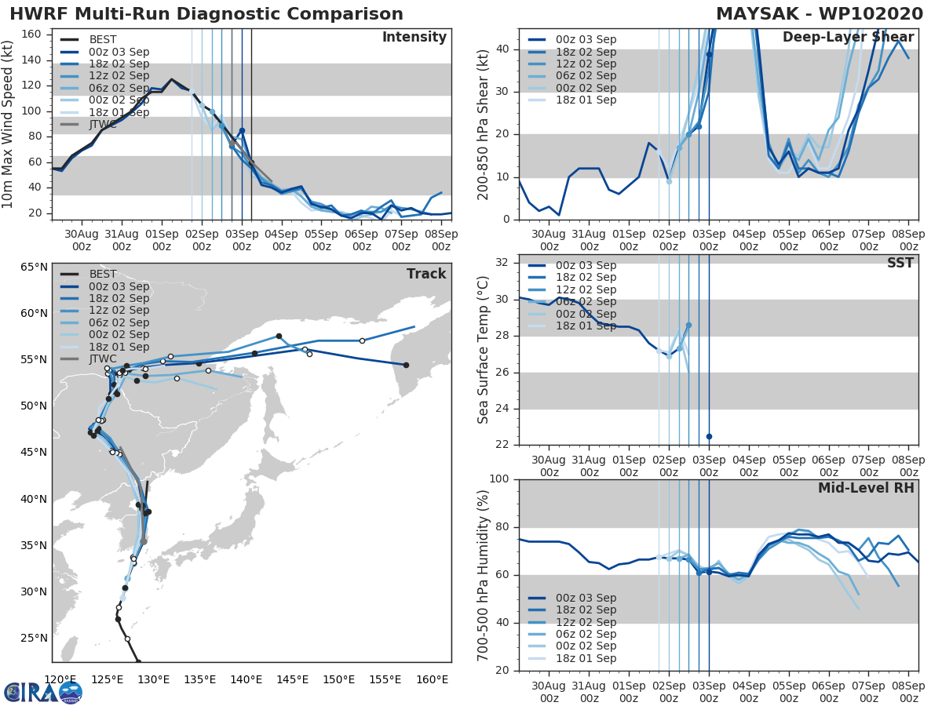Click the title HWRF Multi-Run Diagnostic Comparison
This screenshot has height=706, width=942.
tap(206, 14)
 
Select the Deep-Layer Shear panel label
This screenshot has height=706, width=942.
tap(848, 38)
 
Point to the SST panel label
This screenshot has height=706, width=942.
tap(900, 263)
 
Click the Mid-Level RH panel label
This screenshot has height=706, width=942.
tap(866, 488)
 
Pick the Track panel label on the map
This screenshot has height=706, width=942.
tap(426, 274)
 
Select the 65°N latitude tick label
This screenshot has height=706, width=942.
tap(34, 267)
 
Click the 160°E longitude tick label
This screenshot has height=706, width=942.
tap(432, 679)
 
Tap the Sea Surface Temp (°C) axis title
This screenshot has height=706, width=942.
tap(484, 349)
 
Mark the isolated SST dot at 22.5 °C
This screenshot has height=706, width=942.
tap(709, 436)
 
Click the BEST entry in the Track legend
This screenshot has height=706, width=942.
tap(102, 274)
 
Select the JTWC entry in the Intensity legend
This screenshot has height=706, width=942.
tap(102, 124)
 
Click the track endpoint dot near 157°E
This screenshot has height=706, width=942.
tap(406, 365)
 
